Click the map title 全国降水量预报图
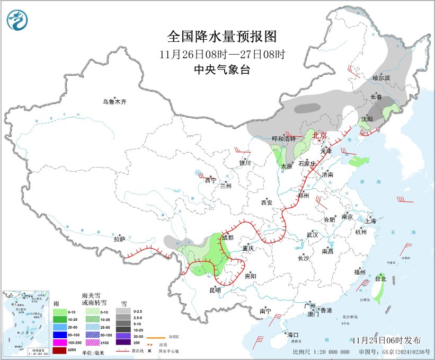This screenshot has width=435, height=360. (222, 37)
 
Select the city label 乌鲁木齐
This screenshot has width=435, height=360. (115, 102)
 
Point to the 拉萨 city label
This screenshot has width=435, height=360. (119, 240)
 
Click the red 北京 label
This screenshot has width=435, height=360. (319, 136)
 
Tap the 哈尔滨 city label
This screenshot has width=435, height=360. (381, 78)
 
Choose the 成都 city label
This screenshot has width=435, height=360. (227, 238)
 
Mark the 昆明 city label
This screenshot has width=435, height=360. (215, 290)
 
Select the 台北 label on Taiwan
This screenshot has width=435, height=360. (380, 278)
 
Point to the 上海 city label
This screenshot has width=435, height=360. (370, 221)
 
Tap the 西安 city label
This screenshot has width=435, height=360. (266, 203)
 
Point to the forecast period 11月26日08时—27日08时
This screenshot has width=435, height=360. (222, 54)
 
